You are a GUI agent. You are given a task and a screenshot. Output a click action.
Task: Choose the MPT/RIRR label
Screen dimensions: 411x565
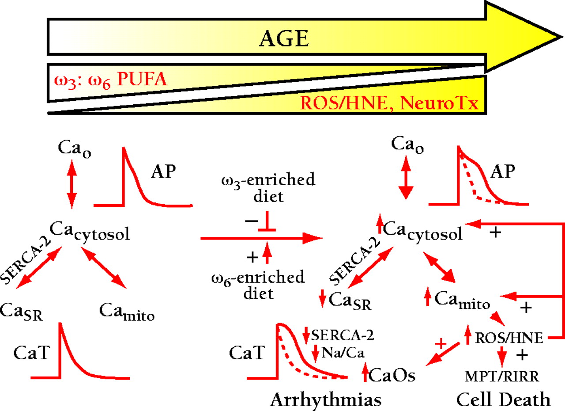[x=502, y=377]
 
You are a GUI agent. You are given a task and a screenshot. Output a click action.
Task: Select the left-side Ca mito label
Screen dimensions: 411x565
[x=127, y=312]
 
